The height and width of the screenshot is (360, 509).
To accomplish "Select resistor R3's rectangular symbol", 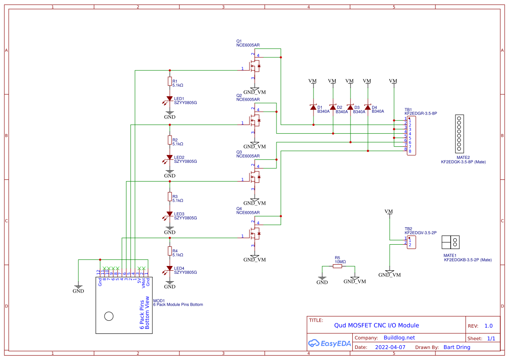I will click(x=170, y=197).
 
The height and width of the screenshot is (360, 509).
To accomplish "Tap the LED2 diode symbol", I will click(x=170, y=158).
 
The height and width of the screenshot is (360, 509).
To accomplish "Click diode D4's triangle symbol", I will click(x=367, y=108).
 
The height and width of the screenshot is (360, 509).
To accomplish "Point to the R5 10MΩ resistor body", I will click(x=338, y=266).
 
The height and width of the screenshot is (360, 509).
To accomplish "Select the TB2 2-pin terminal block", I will click(x=410, y=242).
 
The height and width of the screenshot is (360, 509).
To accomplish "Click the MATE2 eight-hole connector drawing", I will click(x=458, y=133).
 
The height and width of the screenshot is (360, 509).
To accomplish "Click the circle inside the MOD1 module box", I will click(x=108, y=316).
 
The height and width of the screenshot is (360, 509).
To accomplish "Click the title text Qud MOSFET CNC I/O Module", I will click(x=376, y=325).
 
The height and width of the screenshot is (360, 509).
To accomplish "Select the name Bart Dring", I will click(x=457, y=347).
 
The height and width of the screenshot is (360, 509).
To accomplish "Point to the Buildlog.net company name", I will click(x=399, y=338).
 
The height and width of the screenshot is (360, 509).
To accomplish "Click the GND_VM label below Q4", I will click(x=255, y=260).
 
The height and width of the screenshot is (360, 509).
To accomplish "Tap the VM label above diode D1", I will click(x=312, y=81).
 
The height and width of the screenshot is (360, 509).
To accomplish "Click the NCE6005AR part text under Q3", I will click(x=248, y=156).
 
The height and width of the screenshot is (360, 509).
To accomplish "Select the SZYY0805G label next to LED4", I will click(x=185, y=273).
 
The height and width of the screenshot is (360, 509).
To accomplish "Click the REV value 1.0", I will click(x=489, y=326).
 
